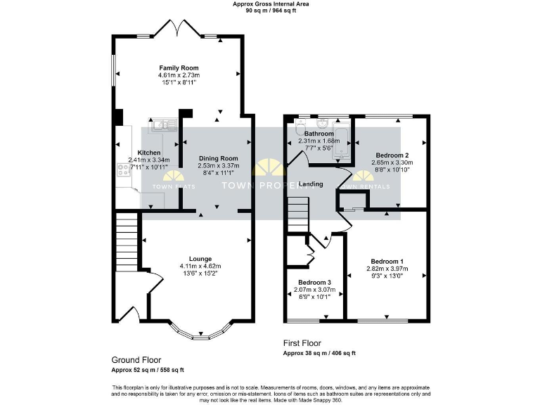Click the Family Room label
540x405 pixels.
tap(179, 67)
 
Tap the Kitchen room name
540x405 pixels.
tap(148, 153)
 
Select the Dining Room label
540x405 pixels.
tap(218, 158)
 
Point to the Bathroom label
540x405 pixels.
tap(319, 134)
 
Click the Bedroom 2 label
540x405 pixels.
tap(392, 155)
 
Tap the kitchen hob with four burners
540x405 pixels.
tap(124, 169)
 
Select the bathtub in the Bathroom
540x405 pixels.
tap(342, 141)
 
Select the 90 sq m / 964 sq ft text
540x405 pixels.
tap(270, 11)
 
